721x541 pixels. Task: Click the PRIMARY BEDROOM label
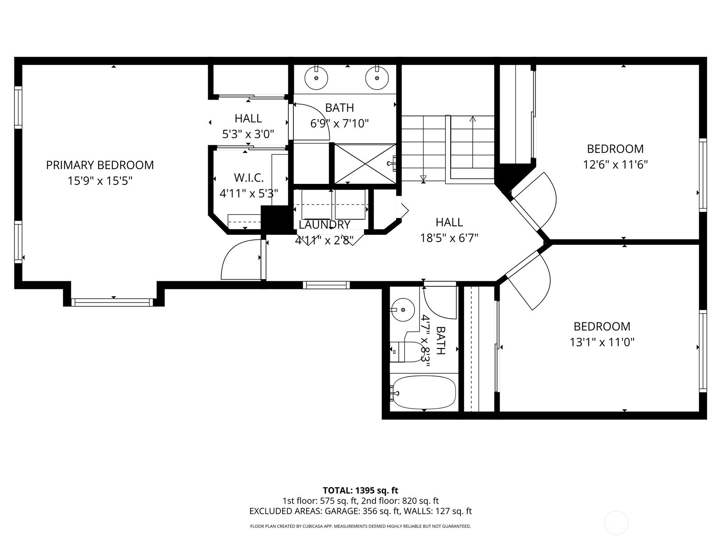(100, 165)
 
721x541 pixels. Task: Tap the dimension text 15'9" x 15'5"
(100, 181)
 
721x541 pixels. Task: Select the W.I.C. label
(248, 177)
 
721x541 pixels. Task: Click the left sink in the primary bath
(316, 78)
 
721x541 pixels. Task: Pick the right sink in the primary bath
(377, 78)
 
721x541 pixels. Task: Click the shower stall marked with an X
(365, 164)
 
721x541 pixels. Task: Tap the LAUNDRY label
(324, 225)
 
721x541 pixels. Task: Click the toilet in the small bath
(406, 352)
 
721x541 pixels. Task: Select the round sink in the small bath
(402, 310)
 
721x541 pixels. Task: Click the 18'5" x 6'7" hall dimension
(449, 238)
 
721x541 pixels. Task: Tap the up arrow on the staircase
(472, 119)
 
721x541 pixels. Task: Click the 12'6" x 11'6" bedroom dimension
(615, 165)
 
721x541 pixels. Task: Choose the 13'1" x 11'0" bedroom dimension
(602, 342)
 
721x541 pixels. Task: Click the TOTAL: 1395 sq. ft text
(360, 491)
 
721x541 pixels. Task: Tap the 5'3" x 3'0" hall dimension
(248, 134)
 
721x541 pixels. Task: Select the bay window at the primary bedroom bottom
(113, 302)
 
